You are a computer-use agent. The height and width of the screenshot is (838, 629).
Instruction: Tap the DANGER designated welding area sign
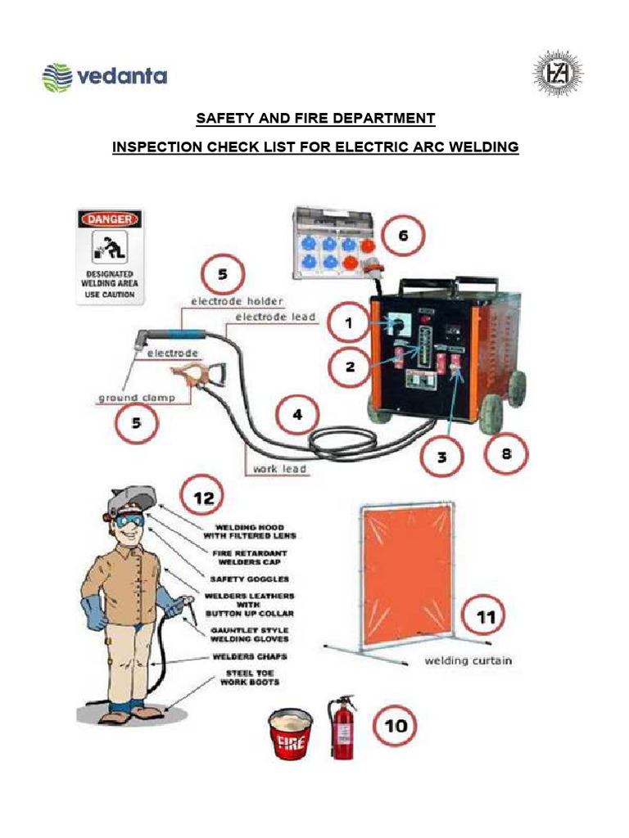(x=109, y=257)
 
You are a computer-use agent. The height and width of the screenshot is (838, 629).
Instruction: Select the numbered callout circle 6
(x=402, y=237)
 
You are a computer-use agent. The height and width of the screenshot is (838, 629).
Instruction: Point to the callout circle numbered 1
(x=349, y=324)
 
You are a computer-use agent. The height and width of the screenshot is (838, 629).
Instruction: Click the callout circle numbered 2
(x=350, y=367)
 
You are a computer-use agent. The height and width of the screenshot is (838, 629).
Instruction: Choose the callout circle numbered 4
(x=298, y=416)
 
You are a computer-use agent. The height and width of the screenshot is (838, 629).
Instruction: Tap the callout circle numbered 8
(x=506, y=453)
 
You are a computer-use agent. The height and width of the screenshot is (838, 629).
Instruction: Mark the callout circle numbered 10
(x=395, y=727)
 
